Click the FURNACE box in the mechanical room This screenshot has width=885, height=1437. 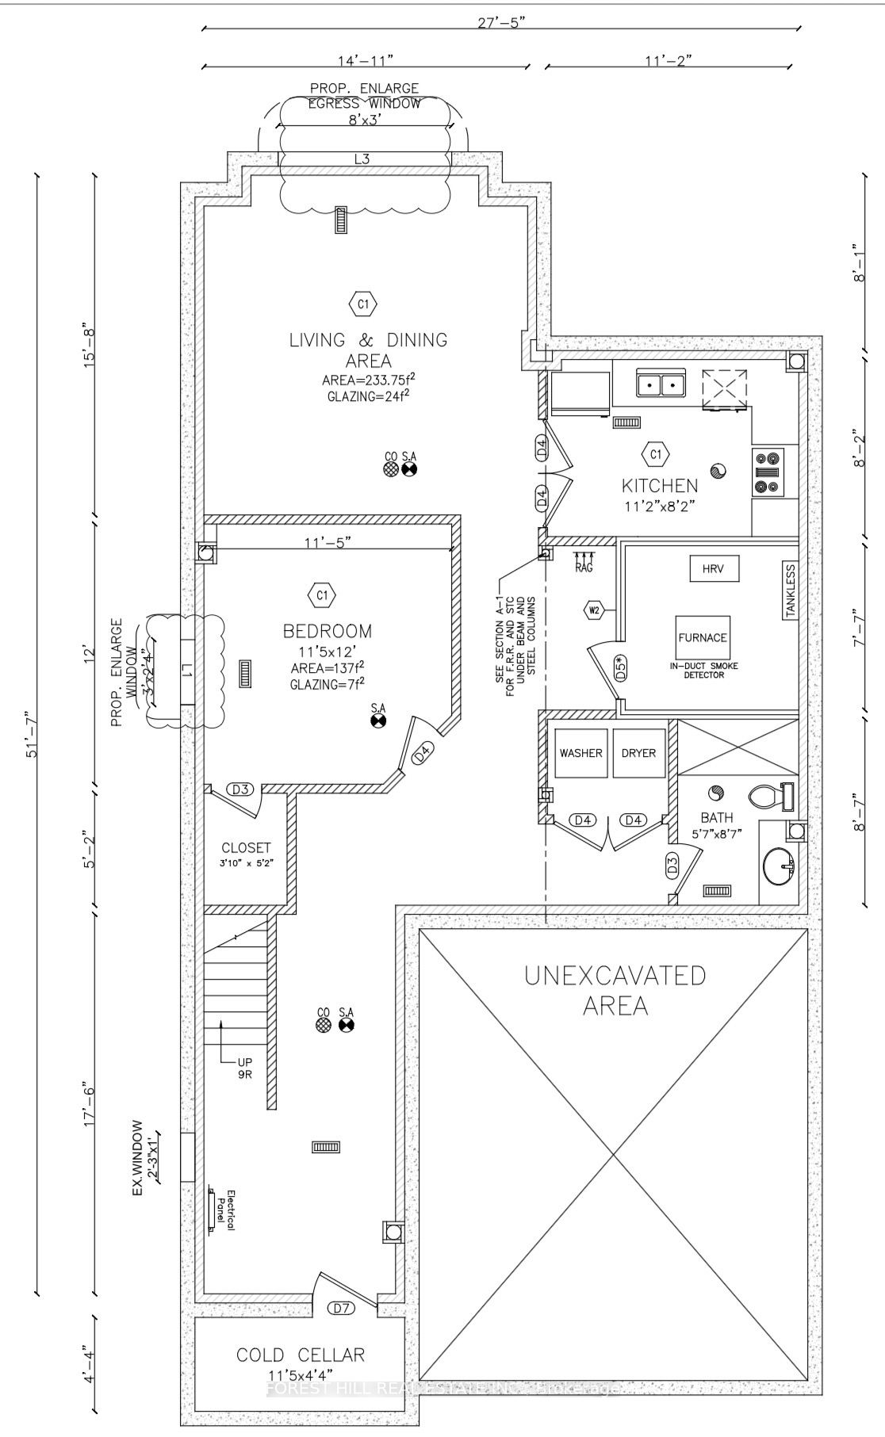pos(702,638)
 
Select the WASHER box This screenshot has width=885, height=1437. pos(580,753)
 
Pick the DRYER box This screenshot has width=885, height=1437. pos(638,753)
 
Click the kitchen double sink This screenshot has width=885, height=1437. pos(661,384)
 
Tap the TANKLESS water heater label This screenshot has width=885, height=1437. pos(789,592)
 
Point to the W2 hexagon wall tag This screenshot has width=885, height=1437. pos(595,610)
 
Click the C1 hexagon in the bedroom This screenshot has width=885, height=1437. pos(322,594)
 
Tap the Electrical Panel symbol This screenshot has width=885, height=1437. pos(213,1210)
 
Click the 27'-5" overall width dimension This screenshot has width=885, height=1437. pos(501,22)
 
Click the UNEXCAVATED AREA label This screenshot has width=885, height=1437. pos(615,990)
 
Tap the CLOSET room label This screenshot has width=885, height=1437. pos(246,847)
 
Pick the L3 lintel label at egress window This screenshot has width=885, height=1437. pos(362,159)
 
